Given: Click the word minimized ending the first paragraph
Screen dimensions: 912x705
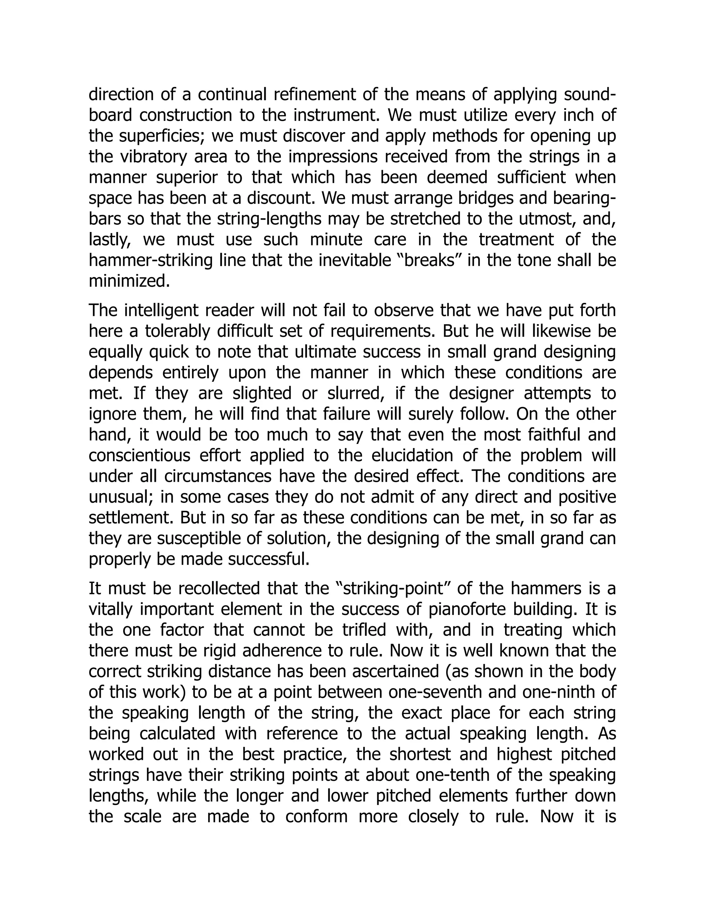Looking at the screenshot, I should [129, 281].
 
